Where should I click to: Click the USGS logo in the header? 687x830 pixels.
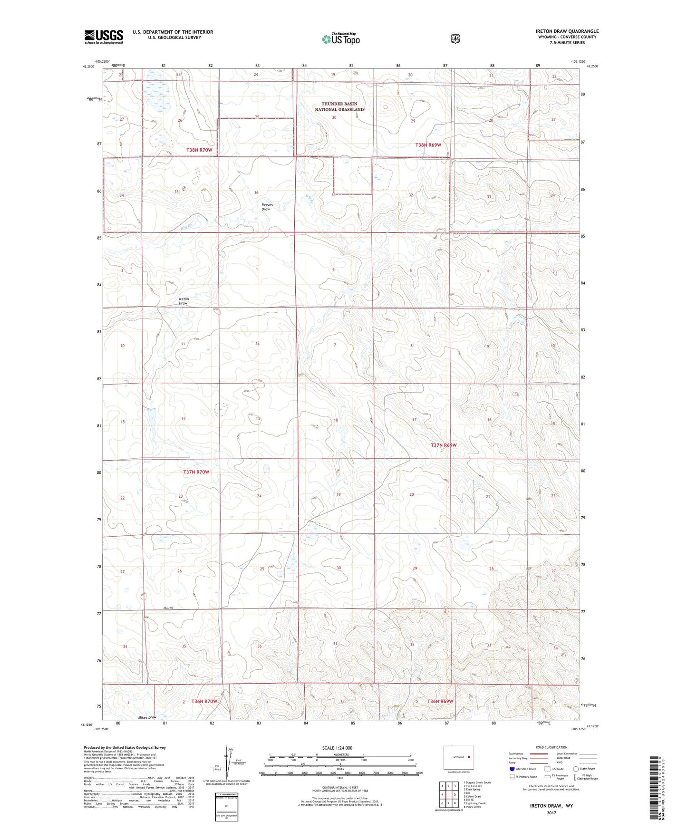pyautogui.click(x=104, y=37)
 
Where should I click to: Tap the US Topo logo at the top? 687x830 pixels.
pyautogui.click(x=340, y=39)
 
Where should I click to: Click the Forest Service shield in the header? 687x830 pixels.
pyautogui.click(x=455, y=39)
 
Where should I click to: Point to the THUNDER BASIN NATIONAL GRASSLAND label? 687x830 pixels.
pyautogui.click(x=339, y=106)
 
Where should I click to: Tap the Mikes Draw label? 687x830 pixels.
pyautogui.click(x=147, y=717)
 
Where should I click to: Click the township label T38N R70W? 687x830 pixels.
pyautogui.click(x=199, y=150)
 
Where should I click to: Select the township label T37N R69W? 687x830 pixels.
pyautogui.click(x=443, y=445)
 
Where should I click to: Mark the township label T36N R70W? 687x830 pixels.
pyautogui.click(x=204, y=701)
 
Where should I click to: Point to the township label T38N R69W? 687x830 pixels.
pyautogui.click(x=432, y=145)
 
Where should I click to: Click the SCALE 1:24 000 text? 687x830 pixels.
pyautogui.click(x=337, y=748)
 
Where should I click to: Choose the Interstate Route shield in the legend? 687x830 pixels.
pyautogui.click(x=512, y=769)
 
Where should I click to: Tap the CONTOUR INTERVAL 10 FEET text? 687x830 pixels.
pyautogui.click(x=340, y=787)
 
